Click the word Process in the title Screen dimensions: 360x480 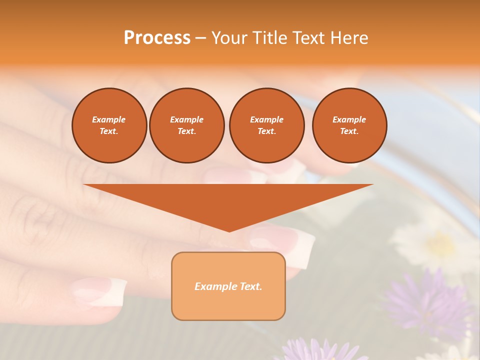157,37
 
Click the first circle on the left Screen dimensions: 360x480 109,125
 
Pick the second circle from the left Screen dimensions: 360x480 186,125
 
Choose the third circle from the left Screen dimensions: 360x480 266,125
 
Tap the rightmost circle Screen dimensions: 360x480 349,125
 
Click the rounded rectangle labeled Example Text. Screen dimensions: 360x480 228,286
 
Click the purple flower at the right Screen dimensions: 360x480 425,300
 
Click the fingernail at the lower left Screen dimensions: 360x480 100,292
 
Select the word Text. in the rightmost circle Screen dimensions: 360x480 349,131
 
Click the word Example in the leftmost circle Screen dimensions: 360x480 109,119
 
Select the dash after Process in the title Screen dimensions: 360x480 200,37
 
